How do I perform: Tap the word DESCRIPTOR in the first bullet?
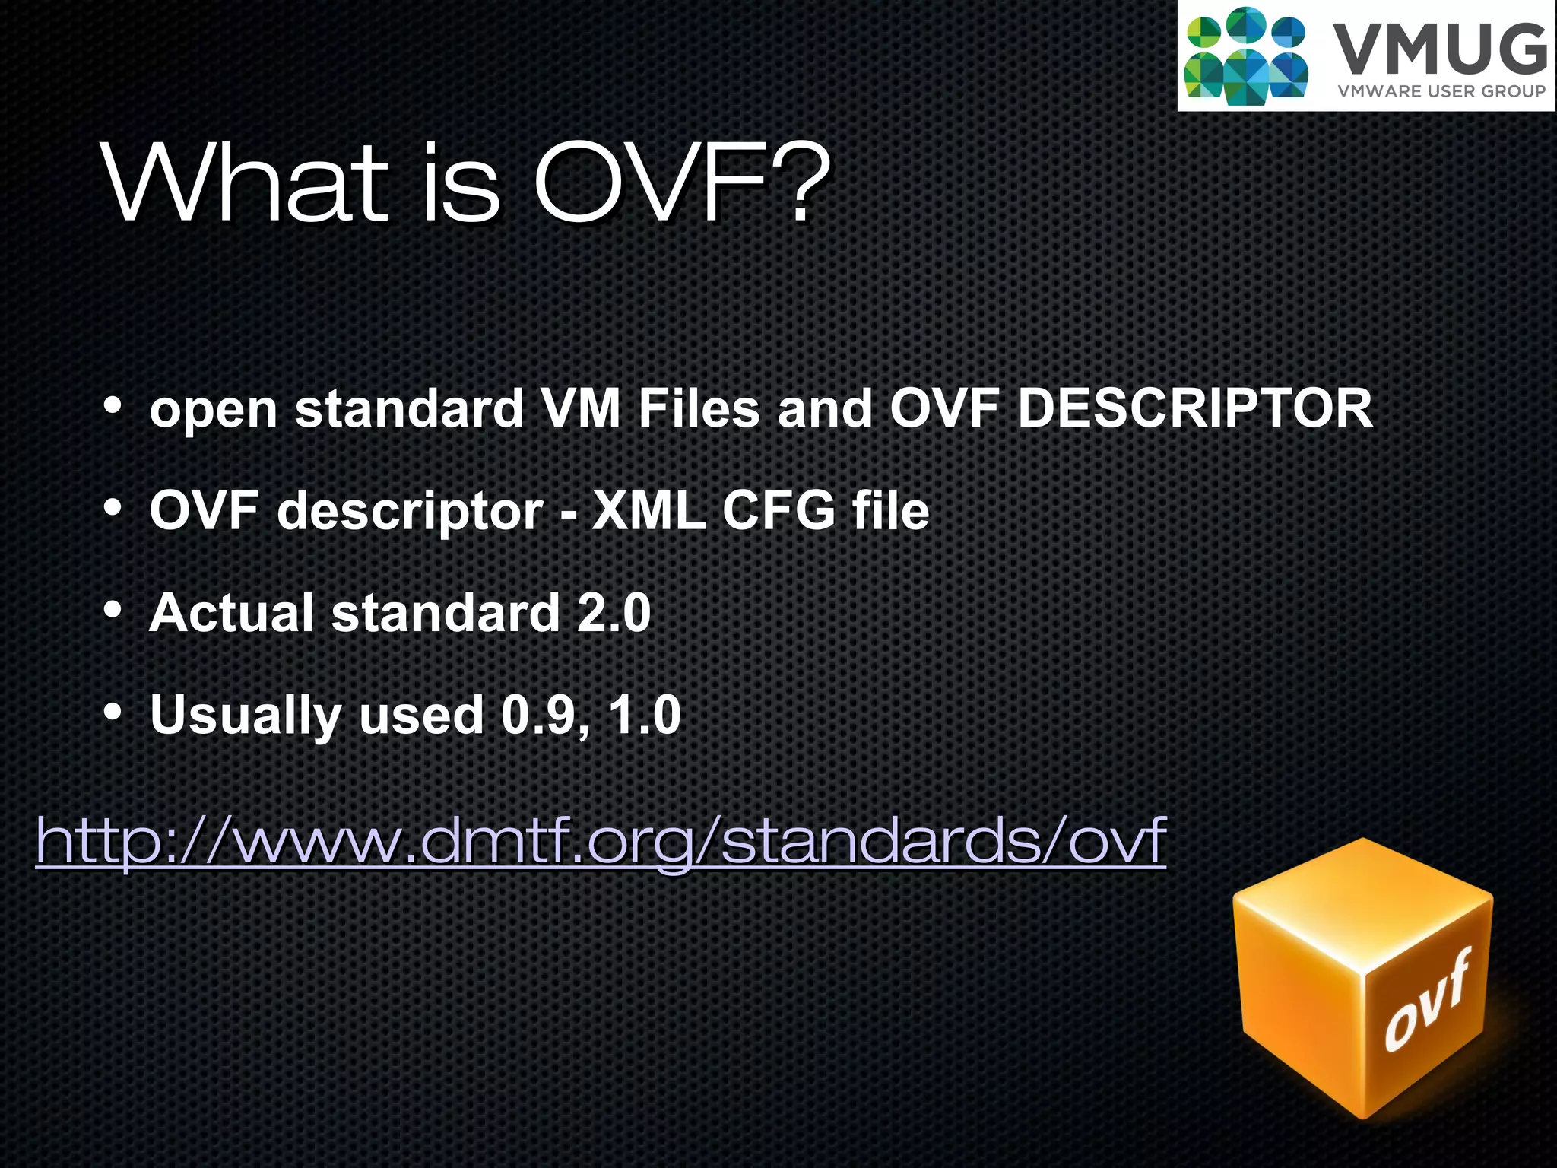tap(1194, 408)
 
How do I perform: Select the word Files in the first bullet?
tap(699, 408)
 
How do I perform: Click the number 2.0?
tap(613, 612)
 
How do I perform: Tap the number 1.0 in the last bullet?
tap(644, 715)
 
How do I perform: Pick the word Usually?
tap(246, 715)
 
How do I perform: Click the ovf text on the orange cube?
tap(1426, 1002)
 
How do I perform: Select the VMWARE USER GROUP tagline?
tap(1441, 91)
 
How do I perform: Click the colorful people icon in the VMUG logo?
tap(1245, 56)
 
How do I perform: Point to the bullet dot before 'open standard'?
tap(113, 405)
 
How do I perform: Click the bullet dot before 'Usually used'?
tap(113, 712)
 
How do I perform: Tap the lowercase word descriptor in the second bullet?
tap(411, 509)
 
